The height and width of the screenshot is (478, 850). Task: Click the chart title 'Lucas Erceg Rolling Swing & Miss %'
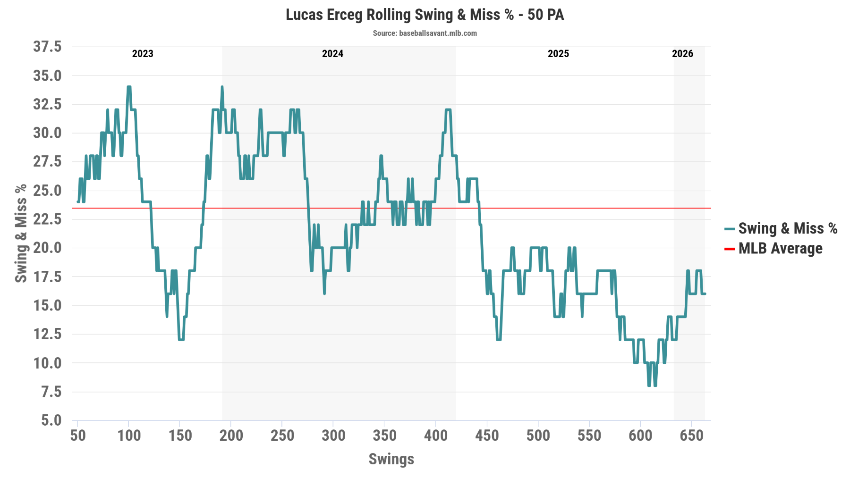point(425,15)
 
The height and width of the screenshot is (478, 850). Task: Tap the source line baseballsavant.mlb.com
point(425,33)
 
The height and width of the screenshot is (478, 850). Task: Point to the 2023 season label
point(143,54)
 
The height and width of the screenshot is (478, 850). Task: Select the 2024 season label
point(332,54)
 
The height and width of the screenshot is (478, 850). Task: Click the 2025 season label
point(558,54)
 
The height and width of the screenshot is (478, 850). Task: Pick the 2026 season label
point(682,54)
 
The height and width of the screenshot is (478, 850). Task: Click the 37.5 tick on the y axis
point(47,47)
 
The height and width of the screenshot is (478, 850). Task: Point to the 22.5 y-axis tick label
point(47,219)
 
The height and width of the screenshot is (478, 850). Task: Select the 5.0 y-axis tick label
point(51,420)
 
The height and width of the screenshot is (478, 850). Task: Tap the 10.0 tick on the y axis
point(47,363)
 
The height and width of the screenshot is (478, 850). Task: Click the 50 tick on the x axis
point(78,435)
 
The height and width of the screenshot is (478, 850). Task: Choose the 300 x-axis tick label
point(333,435)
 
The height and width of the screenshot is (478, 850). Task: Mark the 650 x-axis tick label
point(691,435)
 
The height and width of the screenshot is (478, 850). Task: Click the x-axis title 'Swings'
point(391,459)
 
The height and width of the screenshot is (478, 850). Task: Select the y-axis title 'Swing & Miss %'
point(21,234)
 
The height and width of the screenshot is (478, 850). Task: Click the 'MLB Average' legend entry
point(780,249)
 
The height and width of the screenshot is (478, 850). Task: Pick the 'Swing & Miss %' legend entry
point(787,229)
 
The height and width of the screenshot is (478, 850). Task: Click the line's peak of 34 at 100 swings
point(129,87)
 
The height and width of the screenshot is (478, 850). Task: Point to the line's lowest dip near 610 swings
point(649,385)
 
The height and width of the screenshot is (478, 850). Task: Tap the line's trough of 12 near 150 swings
point(181,339)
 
